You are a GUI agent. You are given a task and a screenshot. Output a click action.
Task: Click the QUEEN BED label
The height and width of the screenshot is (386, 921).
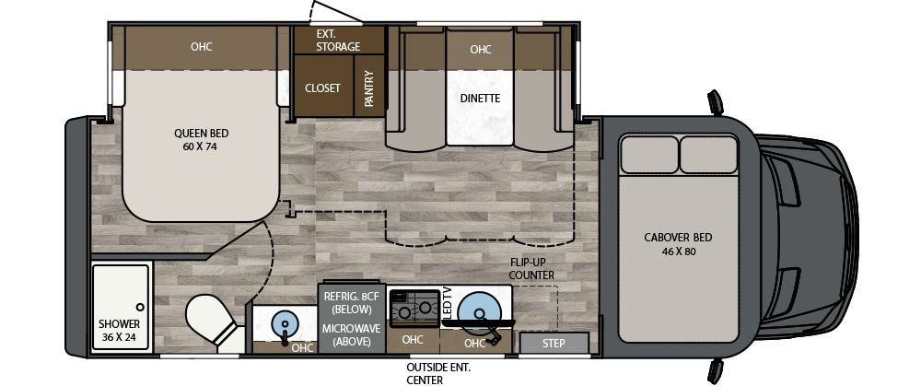(x=201, y=139)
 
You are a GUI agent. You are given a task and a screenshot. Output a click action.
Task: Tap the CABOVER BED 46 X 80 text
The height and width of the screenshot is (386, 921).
(x=678, y=244)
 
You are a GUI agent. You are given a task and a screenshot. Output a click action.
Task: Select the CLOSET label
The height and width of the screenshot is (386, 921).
(x=322, y=88)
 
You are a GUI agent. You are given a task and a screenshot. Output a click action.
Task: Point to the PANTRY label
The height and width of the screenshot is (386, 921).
(x=368, y=89)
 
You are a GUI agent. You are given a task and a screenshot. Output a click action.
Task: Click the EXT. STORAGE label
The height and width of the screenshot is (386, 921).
(x=338, y=40)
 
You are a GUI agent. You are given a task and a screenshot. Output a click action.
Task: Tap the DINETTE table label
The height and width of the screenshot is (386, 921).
(x=480, y=98)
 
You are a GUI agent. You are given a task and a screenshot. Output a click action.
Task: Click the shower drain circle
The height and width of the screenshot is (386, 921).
(x=140, y=306)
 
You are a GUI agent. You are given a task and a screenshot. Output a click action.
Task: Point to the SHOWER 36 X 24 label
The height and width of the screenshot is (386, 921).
(x=120, y=330)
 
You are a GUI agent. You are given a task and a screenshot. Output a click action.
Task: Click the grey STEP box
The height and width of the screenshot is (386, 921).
(x=554, y=344)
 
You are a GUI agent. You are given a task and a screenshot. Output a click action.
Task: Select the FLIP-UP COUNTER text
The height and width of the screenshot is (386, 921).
(x=532, y=268)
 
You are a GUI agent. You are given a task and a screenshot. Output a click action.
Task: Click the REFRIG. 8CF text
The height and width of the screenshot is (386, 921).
(x=349, y=297)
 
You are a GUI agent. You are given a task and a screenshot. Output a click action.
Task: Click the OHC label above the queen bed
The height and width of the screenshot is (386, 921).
(x=202, y=47)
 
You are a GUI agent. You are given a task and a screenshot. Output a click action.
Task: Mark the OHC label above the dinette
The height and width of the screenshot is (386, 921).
(x=480, y=50)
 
